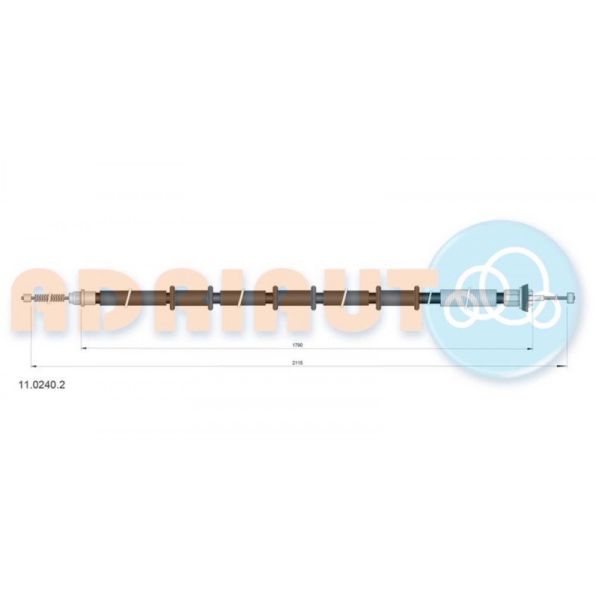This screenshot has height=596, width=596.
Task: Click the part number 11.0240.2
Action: (x=42, y=385)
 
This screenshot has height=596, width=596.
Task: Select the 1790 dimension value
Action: (x=297, y=345)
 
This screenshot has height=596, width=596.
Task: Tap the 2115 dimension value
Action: (x=297, y=363)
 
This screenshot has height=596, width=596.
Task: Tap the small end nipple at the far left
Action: (x=27, y=298)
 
